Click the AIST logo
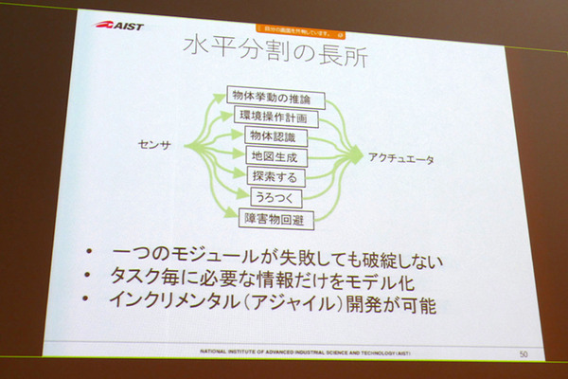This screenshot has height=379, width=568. [x=119, y=26]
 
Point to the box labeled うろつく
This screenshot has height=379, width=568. [x=270, y=196]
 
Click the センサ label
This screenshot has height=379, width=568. [x=156, y=144]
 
